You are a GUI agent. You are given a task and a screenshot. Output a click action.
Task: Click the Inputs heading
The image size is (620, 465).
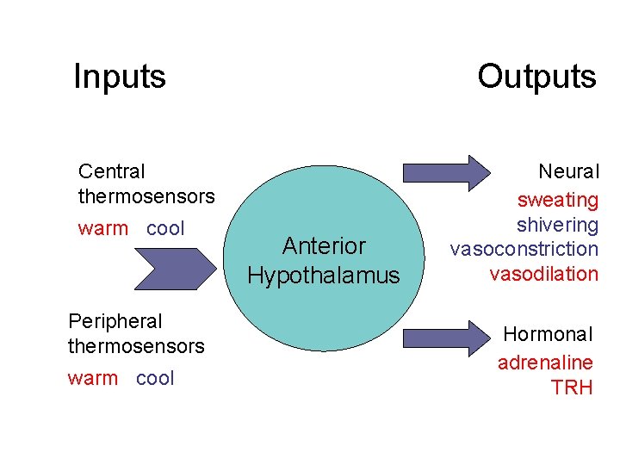point(120,77)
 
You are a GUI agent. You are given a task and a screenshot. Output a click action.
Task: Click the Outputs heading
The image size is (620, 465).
point(536,77)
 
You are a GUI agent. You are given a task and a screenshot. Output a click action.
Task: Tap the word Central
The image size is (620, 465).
point(112,172)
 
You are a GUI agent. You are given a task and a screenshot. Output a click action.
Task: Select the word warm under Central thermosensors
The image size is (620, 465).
point(102,229)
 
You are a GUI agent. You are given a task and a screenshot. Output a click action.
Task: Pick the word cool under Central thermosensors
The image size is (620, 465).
point(165,229)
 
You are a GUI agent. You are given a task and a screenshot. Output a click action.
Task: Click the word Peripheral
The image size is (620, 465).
point(115,321)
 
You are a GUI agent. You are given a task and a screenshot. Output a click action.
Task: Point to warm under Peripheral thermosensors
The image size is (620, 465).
point(92,378)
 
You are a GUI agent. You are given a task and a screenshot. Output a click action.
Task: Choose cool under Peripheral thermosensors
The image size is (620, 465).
point(155,378)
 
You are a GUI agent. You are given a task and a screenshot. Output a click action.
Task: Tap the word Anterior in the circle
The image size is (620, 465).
point(324,247)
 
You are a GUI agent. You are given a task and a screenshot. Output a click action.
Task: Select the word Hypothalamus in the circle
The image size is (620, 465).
point(324,276)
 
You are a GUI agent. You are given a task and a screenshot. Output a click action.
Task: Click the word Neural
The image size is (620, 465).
point(568,173)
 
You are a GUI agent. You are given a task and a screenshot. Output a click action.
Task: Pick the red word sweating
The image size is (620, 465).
point(557,201)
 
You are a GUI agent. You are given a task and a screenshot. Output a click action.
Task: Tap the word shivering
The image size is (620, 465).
point(557,225)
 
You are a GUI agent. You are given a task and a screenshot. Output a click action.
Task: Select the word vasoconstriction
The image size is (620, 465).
point(524,250)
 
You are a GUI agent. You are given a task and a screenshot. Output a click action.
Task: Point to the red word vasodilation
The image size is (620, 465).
point(543,275)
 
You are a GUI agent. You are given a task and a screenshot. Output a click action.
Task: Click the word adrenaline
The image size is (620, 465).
point(545,363)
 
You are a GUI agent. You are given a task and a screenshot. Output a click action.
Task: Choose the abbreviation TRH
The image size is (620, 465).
point(573,387)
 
